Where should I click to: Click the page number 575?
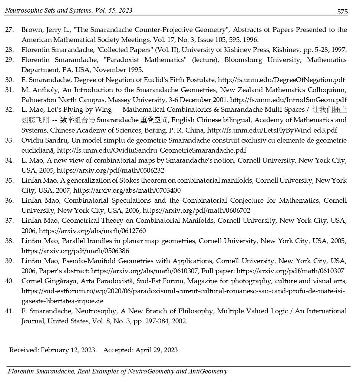pyautogui.click(x=342, y=12)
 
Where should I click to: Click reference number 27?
pyautogui.click(x=9, y=30)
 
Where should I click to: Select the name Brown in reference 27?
pyautogui.click(x=30, y=30)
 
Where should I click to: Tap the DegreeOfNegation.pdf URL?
pyautogui.click(x=281, y=80)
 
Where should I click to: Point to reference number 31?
pyautogui.click(x=9, y=90)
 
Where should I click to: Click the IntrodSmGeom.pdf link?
pyautogui.click(x=288, y=100)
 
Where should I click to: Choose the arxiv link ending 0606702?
pyautogui.click(x=196, y=210)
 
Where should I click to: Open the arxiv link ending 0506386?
pyautogui.click(x=75, y=251)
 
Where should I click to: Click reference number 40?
pyautogui.click(x=9, y=281)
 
